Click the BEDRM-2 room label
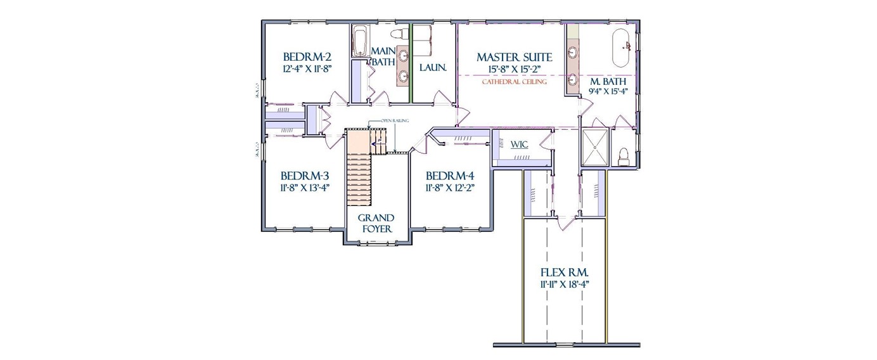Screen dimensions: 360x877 click(307, 56)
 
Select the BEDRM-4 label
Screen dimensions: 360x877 click(450, 176)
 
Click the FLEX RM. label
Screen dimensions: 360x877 click(565, 272)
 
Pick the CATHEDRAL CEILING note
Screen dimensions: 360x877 click(514, 82)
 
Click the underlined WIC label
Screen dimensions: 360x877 click(520, 145)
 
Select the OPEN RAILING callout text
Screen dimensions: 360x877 click(394, 120)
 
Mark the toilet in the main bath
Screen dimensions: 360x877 click(400, 34)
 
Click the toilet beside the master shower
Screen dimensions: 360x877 click(623, 156)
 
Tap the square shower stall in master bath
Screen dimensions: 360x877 click(594, 148)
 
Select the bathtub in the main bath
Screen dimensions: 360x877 click(360, 41)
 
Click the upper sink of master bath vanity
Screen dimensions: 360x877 click(573, 53)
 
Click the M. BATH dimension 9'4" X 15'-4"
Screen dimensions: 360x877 click(608, 91)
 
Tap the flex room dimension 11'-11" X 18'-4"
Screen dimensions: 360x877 click(565, 285)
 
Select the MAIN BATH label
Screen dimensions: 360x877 click(383, 56)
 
